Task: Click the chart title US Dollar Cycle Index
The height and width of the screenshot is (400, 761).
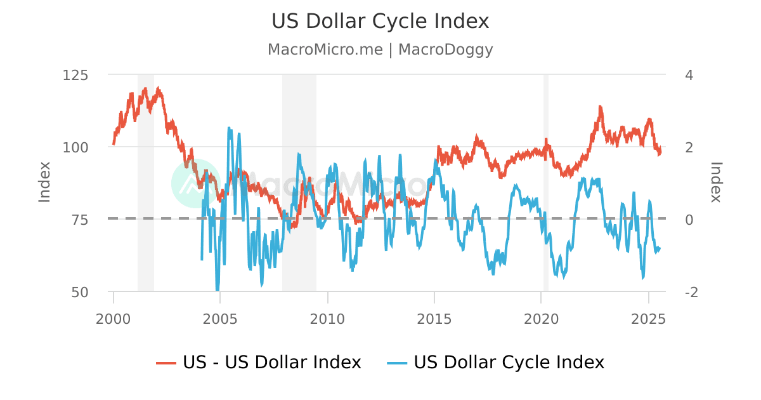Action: coord(380,21)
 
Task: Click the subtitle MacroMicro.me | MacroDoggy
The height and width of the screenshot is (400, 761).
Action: coord(380,50)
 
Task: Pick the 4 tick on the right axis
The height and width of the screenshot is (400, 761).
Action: coord(689,75)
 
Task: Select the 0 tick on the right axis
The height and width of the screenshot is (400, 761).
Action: coord(689,220)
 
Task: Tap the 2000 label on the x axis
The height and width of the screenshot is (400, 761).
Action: coord(114,317)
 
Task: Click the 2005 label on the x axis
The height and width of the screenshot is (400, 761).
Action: coord(220,317)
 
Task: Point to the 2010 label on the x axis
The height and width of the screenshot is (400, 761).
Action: coord(327,317)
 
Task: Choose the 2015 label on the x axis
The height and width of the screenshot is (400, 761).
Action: coord(434,317)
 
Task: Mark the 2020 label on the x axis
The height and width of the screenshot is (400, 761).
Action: coord(541,317)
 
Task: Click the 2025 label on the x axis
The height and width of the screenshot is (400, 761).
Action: coord(648,317)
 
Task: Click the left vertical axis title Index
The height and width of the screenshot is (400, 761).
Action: coord(44,182)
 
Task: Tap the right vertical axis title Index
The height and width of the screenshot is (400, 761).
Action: coord(716,182)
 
